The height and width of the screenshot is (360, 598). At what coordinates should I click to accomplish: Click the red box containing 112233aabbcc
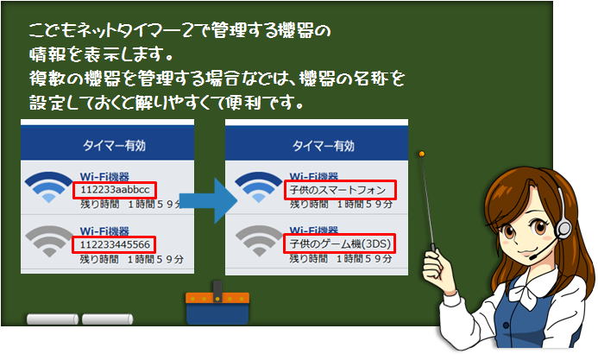click(x=115, y=190)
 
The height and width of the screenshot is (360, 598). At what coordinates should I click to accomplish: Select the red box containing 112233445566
click(x=114, y=244)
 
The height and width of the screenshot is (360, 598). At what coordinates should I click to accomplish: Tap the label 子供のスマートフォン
click(x=337, y=190)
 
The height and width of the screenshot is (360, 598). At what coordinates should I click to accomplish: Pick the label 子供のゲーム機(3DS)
click(x=340, y=243)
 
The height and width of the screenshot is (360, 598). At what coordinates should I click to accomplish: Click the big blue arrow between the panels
click(x=209, y=200)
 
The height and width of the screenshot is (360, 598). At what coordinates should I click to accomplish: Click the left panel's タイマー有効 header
click(x=114, y=145)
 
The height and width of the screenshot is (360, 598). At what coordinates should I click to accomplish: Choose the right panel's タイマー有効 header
click(x=324, y=146)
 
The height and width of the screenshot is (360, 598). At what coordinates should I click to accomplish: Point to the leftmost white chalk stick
click(x=53, y=319)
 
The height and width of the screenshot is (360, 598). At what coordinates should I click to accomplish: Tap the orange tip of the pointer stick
click(x=421, y=154)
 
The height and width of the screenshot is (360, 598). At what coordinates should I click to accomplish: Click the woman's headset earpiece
click(x=563, y=229)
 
